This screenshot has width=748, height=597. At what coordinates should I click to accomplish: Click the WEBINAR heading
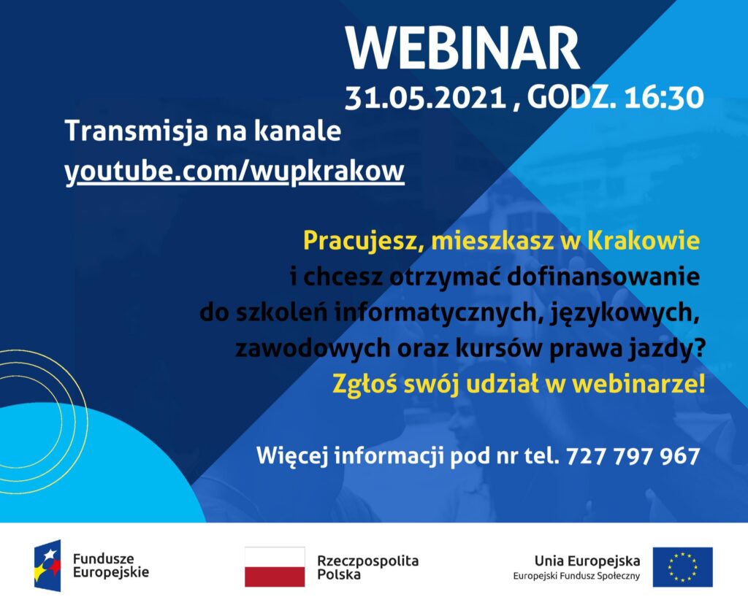tap(462, 48)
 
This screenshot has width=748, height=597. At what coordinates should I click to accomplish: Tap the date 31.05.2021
tap(426, 98)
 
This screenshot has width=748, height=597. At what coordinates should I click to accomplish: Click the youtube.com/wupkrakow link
tap(234, 171)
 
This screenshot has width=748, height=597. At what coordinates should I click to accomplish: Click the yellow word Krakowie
tap(644, 241)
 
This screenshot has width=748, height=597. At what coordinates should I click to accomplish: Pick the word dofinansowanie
tap(603, 277)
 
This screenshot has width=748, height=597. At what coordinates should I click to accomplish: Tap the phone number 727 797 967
tap(633, 456)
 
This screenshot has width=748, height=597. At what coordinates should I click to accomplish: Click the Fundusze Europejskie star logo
tap(47, 566)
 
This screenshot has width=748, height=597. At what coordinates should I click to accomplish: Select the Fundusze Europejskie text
tap(111, 565)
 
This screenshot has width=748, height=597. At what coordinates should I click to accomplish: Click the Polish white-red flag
tap(275, 566)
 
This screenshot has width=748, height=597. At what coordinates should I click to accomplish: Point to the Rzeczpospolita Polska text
tap(368, 567)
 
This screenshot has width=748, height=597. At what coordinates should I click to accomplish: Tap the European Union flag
tap(683, 567)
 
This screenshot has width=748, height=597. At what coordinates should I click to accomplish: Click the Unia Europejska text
tap(587, 561)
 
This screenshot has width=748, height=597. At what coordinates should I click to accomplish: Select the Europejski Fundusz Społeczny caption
tap(576, 577)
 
